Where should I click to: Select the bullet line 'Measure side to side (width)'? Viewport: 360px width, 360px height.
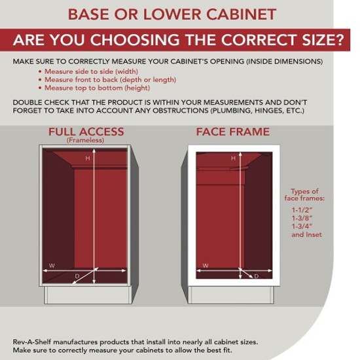click(x=91, y=71)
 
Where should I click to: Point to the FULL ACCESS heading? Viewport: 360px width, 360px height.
click(x=86, y=132)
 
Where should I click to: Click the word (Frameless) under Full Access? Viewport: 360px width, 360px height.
click(x=85, y=140)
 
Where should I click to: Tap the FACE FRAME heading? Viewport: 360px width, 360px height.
click(x=233, y=132)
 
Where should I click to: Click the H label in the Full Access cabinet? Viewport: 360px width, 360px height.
click(x=88, y=158)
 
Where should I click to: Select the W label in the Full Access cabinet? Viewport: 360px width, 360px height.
click(x=52, y=266)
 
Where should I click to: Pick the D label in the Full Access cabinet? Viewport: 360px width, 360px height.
click(x=77, y=276)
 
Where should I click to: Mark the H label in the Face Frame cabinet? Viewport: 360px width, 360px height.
click(x=233, y=158)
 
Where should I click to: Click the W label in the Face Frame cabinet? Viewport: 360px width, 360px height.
click(x=206, y=266)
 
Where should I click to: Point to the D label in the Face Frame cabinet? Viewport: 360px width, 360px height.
click(x=257, y=276)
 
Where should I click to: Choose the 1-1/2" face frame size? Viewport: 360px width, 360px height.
click(x=302, y=210)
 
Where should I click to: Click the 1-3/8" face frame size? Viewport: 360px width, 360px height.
click(x=302, y=218)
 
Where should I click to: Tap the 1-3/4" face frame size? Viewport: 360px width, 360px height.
click(x=302, y=226)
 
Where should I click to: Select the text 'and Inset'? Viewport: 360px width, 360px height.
click(x=306, y=234)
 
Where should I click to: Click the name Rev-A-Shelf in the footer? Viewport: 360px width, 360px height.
click(x=32, y=342)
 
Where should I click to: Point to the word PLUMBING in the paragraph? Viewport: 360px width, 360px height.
click(x=231, y=111)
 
